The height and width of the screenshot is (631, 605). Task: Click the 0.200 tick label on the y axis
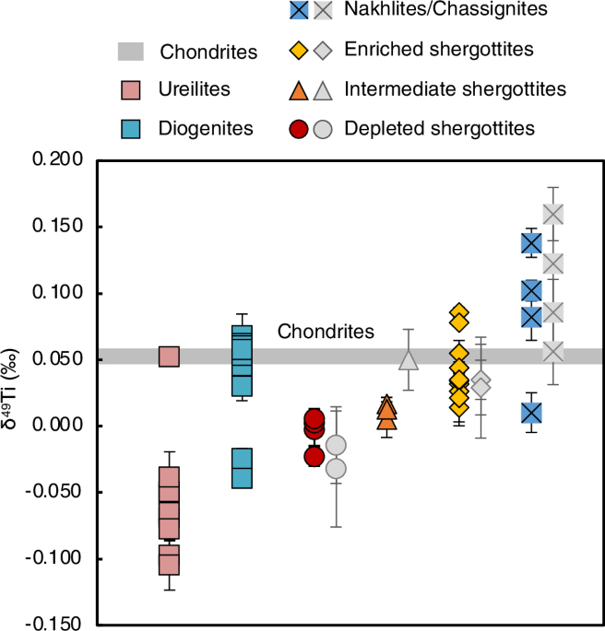[x=57, y=160]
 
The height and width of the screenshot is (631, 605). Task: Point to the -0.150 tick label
[x=54, y=624]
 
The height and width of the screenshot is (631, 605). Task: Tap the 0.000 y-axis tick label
[x=57, y=426]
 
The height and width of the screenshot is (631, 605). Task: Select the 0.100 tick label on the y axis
[x=57, y=293]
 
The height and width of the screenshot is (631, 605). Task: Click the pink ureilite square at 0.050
[x=169, y=357]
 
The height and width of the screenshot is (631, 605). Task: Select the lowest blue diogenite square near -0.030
[x=242, y=468]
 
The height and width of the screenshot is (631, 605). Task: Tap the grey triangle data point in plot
[x=409, y=360]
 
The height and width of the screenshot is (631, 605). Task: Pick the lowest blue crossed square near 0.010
[x=531, y=413]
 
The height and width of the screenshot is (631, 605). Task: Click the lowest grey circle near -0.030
[x=337, y=469]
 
